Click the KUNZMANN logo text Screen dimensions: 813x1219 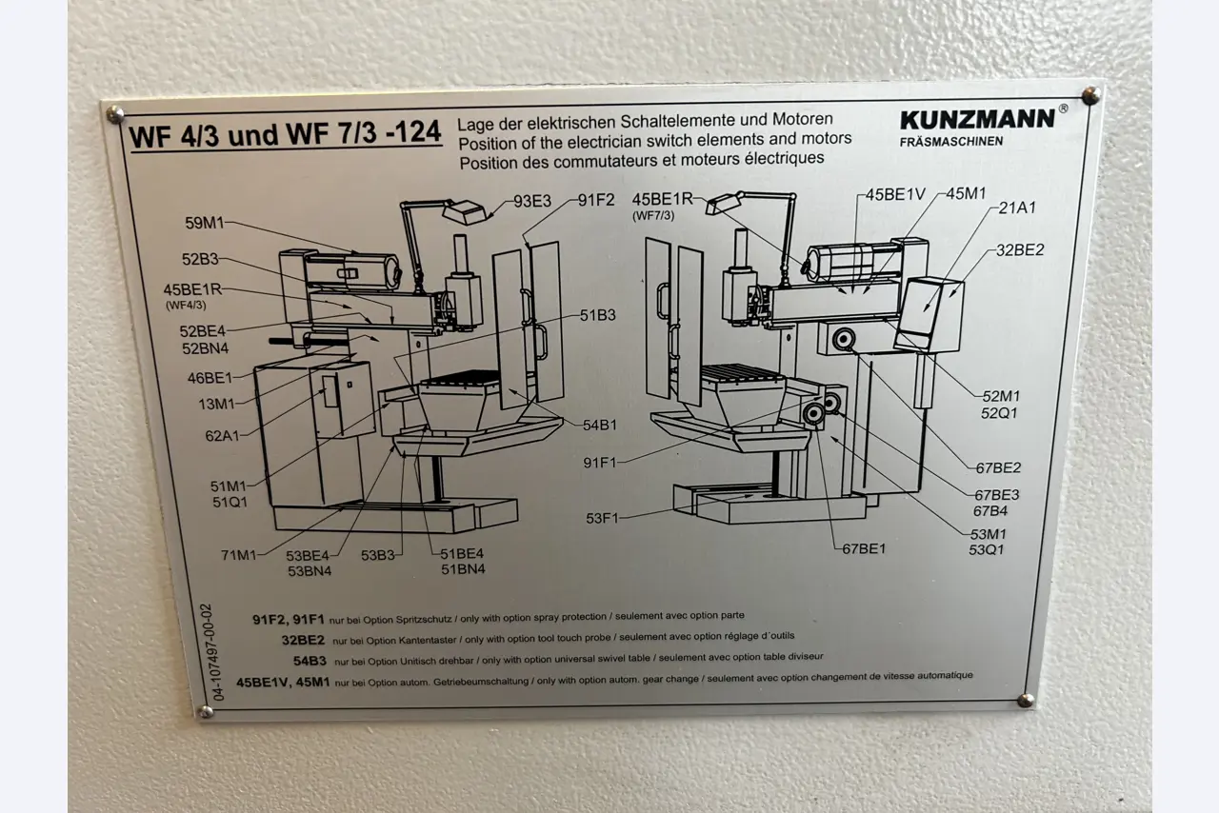(977, 119)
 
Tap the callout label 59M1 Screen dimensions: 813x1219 (206, 225)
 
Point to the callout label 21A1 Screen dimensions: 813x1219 (1017, 208)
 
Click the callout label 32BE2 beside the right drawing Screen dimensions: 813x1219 (1020, 250)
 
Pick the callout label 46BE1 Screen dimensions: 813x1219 (210, 378)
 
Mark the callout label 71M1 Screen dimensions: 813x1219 (238, 555)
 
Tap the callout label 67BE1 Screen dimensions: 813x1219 (864, 548)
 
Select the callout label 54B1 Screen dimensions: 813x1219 (600, 426)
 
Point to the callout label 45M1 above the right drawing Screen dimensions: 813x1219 (966, 194)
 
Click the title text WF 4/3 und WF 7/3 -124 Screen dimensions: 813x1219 (286, 134)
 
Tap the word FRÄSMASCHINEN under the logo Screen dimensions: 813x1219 (950, 142)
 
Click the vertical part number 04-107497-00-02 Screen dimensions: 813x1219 (220, 651)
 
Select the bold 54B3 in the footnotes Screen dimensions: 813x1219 (310, 659)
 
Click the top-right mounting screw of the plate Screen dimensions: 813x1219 (1091, 95)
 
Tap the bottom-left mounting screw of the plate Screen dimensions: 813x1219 (204, 711)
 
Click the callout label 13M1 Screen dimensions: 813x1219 (215, 404)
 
